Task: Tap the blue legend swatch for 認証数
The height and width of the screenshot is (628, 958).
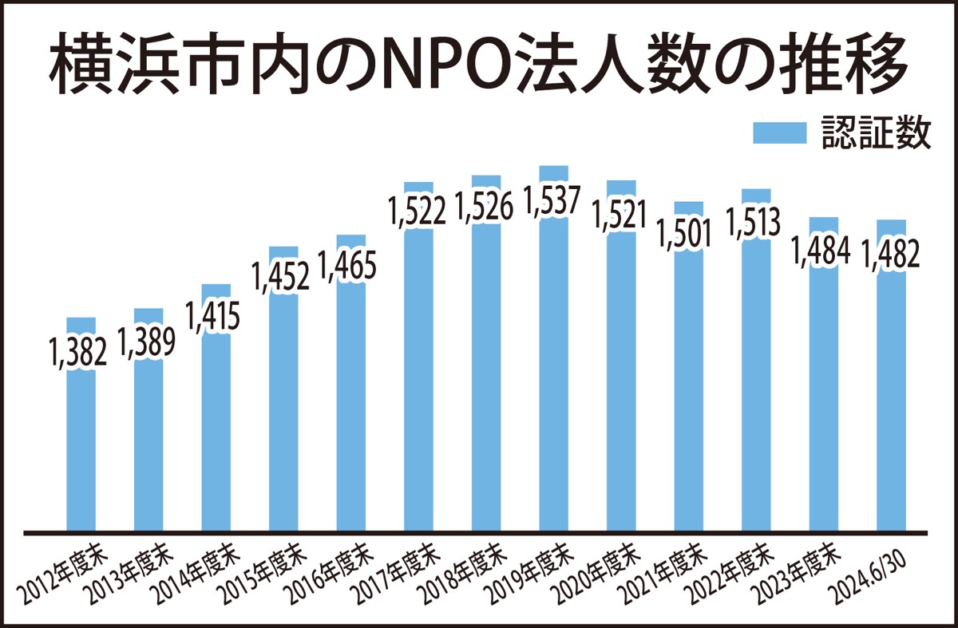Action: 781,134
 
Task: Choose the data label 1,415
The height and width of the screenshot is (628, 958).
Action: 213,317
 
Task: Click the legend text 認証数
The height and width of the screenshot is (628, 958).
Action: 877,134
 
